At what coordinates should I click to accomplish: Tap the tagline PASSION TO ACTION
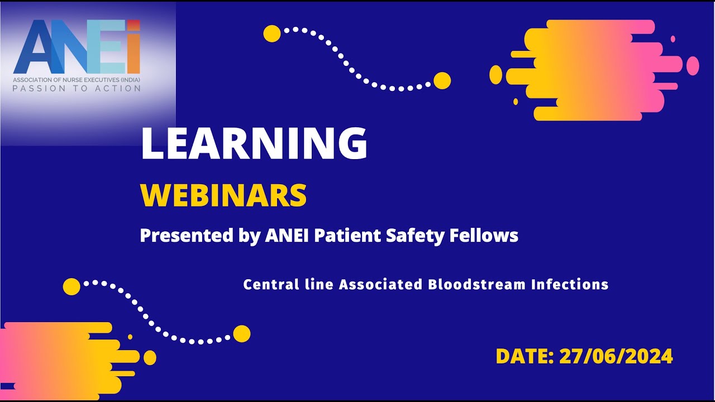pos(77,88)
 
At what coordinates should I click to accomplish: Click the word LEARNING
pos(254,144)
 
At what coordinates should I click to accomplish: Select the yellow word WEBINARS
pos(223,195)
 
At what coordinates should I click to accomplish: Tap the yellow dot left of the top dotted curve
pos(272,33)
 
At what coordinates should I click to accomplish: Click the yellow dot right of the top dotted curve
pos(442,80)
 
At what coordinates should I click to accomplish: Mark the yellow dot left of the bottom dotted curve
pos(71,286)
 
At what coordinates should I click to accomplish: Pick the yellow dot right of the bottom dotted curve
pos(241,333)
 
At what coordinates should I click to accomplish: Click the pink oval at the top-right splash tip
pos(693,65)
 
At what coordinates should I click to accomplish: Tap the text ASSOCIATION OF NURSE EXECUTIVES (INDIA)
pos(77,79)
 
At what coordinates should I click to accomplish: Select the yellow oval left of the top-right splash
pos(495,75)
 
